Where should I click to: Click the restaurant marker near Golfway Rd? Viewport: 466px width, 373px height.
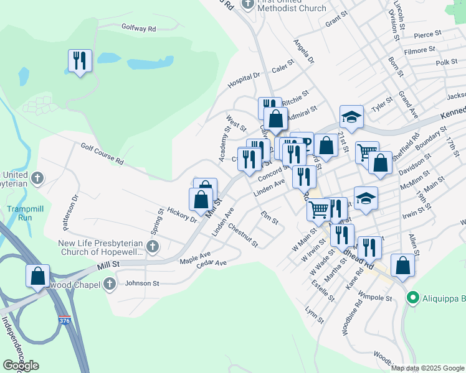(x=80, y=61)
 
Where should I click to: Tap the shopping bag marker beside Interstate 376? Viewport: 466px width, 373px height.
(x=37, y=275)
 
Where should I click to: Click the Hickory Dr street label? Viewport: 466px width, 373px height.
(x=181, y=216)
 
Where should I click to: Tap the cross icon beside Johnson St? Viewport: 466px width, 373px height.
(x=110, y=284)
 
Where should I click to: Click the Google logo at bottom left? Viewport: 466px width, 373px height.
(x=21, y=365)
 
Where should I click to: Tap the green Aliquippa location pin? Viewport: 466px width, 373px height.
(x=412, y=298)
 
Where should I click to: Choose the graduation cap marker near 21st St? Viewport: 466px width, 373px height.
(x=351, y=116)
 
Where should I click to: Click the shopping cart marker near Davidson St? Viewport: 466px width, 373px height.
(x=367, y=151)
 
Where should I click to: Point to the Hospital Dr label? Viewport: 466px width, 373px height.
(x=244, y=79)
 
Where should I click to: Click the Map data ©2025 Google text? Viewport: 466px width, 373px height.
(x=427, y=368)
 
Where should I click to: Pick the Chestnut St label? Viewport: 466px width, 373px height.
(x=242, y=235)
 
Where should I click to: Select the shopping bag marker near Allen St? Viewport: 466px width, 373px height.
(x=402, y=265)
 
